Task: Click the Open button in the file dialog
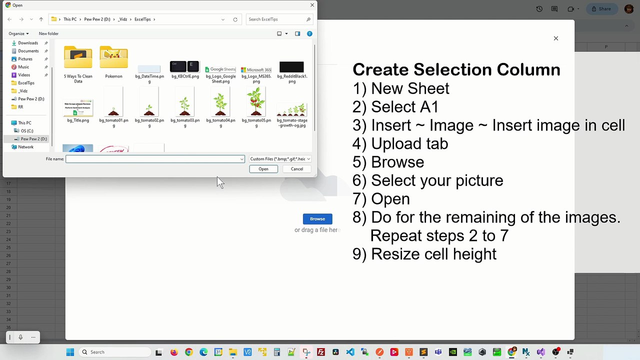[x=263, y=169]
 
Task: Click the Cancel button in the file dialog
[x=296, y=169]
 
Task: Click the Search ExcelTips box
[x=276, y=19]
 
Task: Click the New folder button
[x=48, y=33]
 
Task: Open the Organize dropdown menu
[x=18, y=33]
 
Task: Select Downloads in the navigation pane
[x=28, y=43]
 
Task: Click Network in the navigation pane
[x=25, y=147]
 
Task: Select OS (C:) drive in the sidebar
[x=27, y=131]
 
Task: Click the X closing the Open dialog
[x=312, y=5]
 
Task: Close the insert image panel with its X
[x=555, y=38]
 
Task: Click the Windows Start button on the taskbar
[x=70, y=352]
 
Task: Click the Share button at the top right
[x=601, y=9]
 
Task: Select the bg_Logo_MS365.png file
[x=256, y=72]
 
